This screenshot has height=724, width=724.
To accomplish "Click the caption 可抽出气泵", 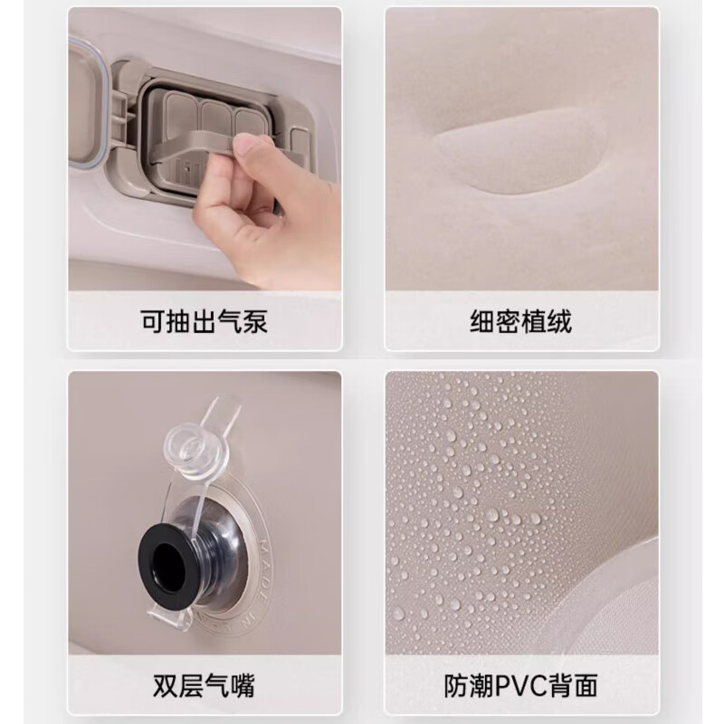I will tap(205, 321).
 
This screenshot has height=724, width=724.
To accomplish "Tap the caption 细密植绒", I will tap(521, 321).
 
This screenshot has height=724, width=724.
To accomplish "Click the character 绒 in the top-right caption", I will tap(560, 321).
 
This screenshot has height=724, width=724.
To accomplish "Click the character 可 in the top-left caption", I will tap(153, 321).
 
